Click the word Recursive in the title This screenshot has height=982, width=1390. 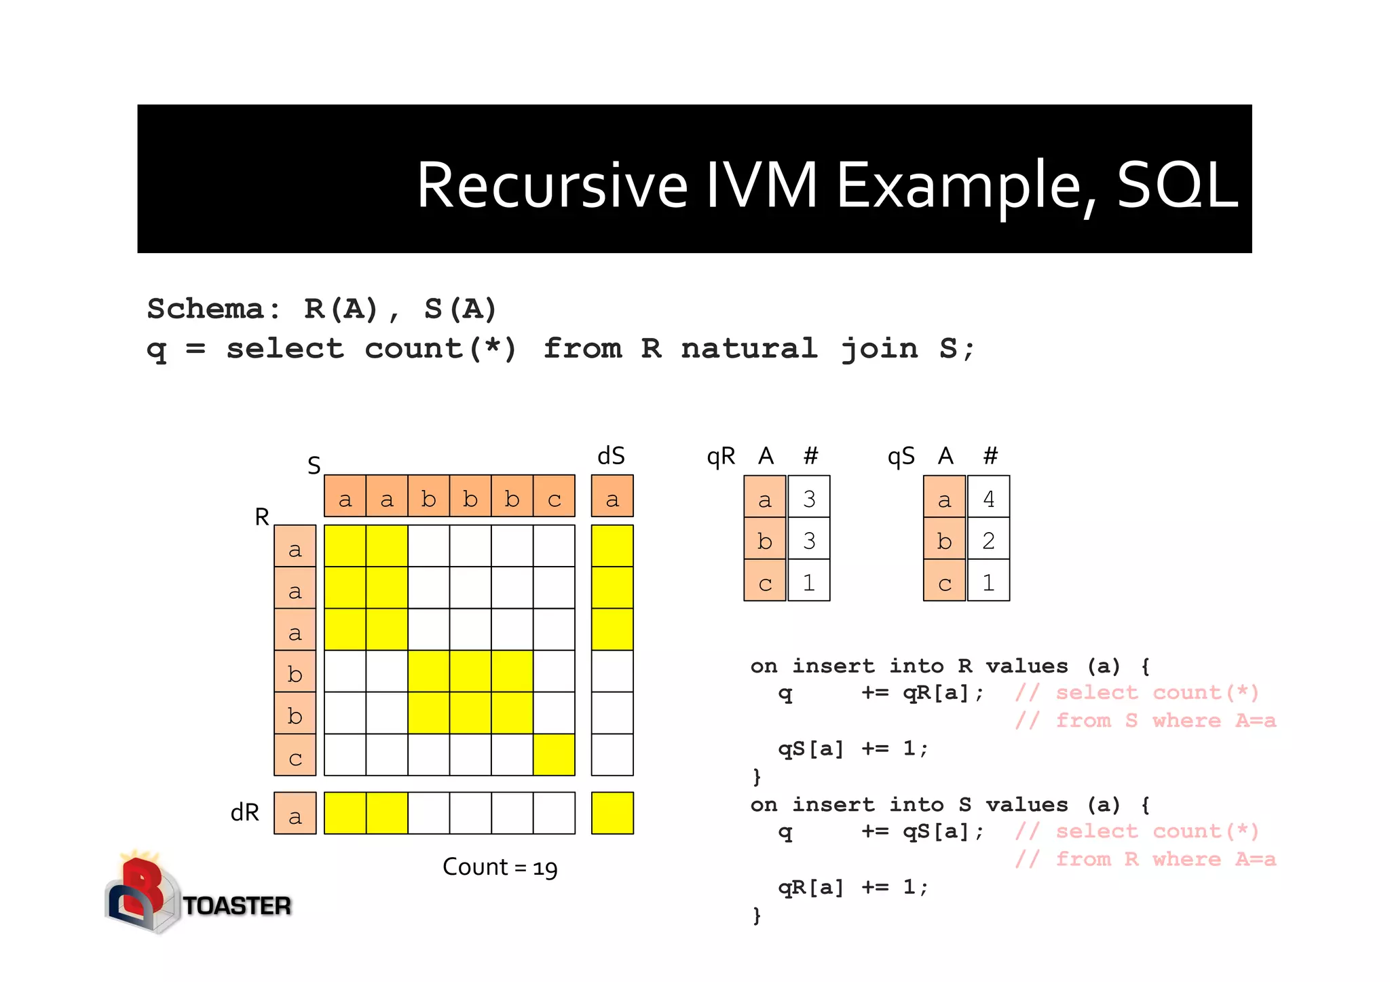pos(552,186)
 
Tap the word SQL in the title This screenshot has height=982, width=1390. pos(1177,185)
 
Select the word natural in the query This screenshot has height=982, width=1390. pos(749,349)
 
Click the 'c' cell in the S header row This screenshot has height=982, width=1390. pos(555,497)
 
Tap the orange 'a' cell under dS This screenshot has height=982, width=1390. pos(612,497)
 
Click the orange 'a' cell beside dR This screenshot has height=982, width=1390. pos(295,813)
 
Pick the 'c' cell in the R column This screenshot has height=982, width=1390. pos(295,755)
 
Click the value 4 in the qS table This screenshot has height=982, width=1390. pos(988,498)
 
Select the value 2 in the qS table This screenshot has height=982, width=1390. pos(988,540)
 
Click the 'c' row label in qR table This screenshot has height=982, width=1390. pos(765,582)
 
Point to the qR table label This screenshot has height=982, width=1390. pos(721,457)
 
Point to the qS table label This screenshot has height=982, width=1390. pos(901,457)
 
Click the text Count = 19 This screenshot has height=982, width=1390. pos(500,867)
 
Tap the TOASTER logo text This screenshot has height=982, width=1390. pos(237,906)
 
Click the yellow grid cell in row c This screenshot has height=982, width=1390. pos(555,755)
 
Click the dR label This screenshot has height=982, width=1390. pos(245,812)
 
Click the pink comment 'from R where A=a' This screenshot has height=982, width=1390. pos(1165,859)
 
